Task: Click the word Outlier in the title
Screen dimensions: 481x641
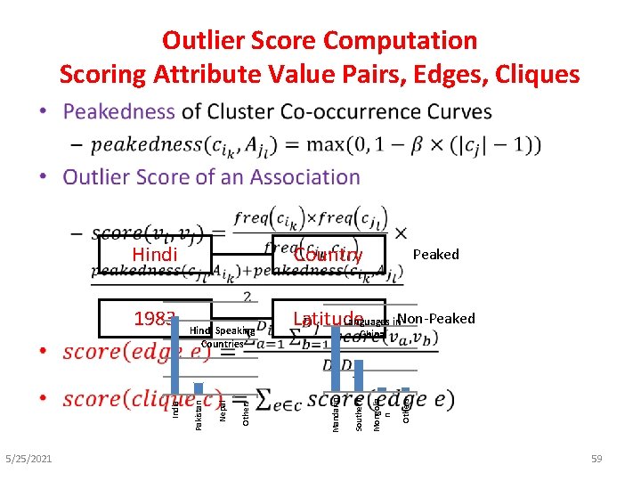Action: [203, 41]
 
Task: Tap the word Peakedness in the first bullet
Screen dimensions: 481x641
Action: [118, 112]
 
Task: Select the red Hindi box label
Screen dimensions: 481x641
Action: [154, 255]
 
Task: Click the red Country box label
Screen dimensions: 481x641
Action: [328, 256]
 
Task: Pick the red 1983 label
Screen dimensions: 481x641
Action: [154, 319]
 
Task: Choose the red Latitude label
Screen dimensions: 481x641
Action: [328, 319]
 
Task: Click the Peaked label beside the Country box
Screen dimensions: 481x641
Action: [436, 255]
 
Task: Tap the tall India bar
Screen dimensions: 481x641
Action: [175, 354]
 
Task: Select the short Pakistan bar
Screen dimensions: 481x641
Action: [199, 387]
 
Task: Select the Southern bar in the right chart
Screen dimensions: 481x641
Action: [359, 374]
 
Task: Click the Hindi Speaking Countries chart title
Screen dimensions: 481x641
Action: [223, 337]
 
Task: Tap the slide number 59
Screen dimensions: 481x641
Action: [596, 459]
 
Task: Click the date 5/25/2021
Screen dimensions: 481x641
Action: [28, 459]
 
